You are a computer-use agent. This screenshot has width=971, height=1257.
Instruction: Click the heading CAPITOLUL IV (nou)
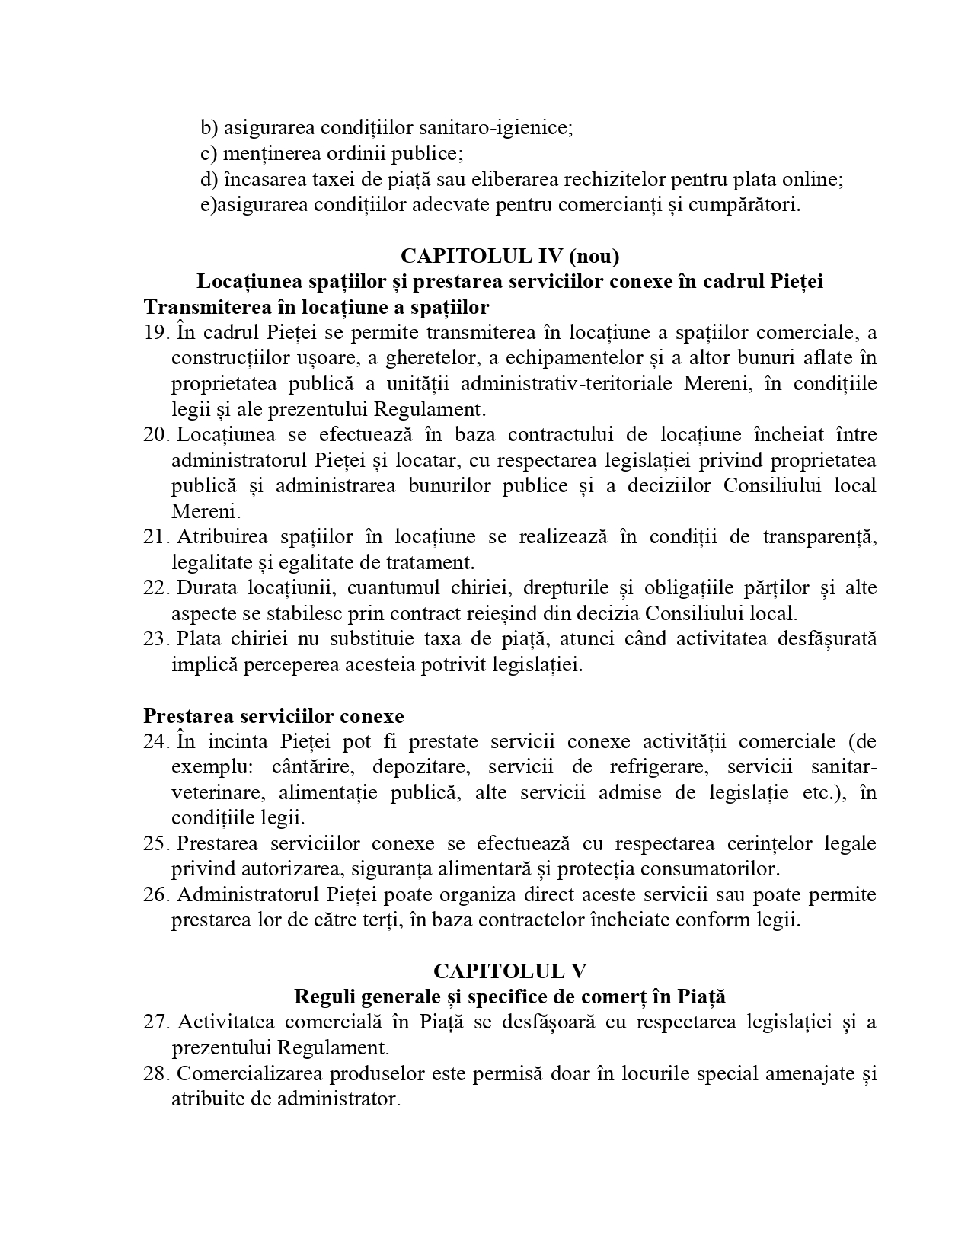pos(509,255)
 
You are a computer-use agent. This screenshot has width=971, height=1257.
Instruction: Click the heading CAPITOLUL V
pos(509,971)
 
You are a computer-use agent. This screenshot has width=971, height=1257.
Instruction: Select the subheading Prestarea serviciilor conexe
pos(273,716)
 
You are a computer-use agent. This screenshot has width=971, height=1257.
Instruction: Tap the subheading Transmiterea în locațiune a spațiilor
pos(316,307)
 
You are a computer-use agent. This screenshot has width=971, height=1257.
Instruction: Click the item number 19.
pos(155,333)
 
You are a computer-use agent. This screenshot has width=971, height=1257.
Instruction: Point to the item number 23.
pos(155,639)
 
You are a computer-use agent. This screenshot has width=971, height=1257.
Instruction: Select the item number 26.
pos(155,894)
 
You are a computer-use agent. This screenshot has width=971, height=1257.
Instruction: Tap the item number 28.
pos(155,1073)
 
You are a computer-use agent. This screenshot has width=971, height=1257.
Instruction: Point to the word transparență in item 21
pos(819,537)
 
